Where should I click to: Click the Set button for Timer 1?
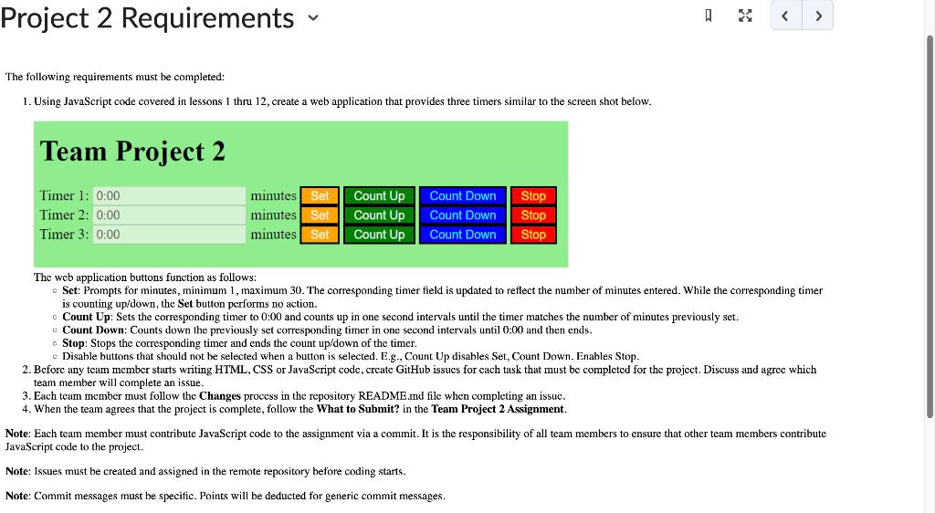320,196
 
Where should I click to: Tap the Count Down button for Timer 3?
463,235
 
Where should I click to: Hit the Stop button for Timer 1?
533,196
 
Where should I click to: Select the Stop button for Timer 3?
533,235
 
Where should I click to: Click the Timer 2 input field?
169,215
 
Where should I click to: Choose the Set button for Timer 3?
320,235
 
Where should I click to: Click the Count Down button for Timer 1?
463,196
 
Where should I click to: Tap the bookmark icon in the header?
709,16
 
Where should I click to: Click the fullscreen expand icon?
745,16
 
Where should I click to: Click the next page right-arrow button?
818,16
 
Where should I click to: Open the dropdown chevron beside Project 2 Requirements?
313,18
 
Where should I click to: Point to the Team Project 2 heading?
132,151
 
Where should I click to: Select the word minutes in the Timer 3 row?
273,235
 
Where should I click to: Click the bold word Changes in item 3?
220,395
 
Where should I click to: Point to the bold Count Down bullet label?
94,330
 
